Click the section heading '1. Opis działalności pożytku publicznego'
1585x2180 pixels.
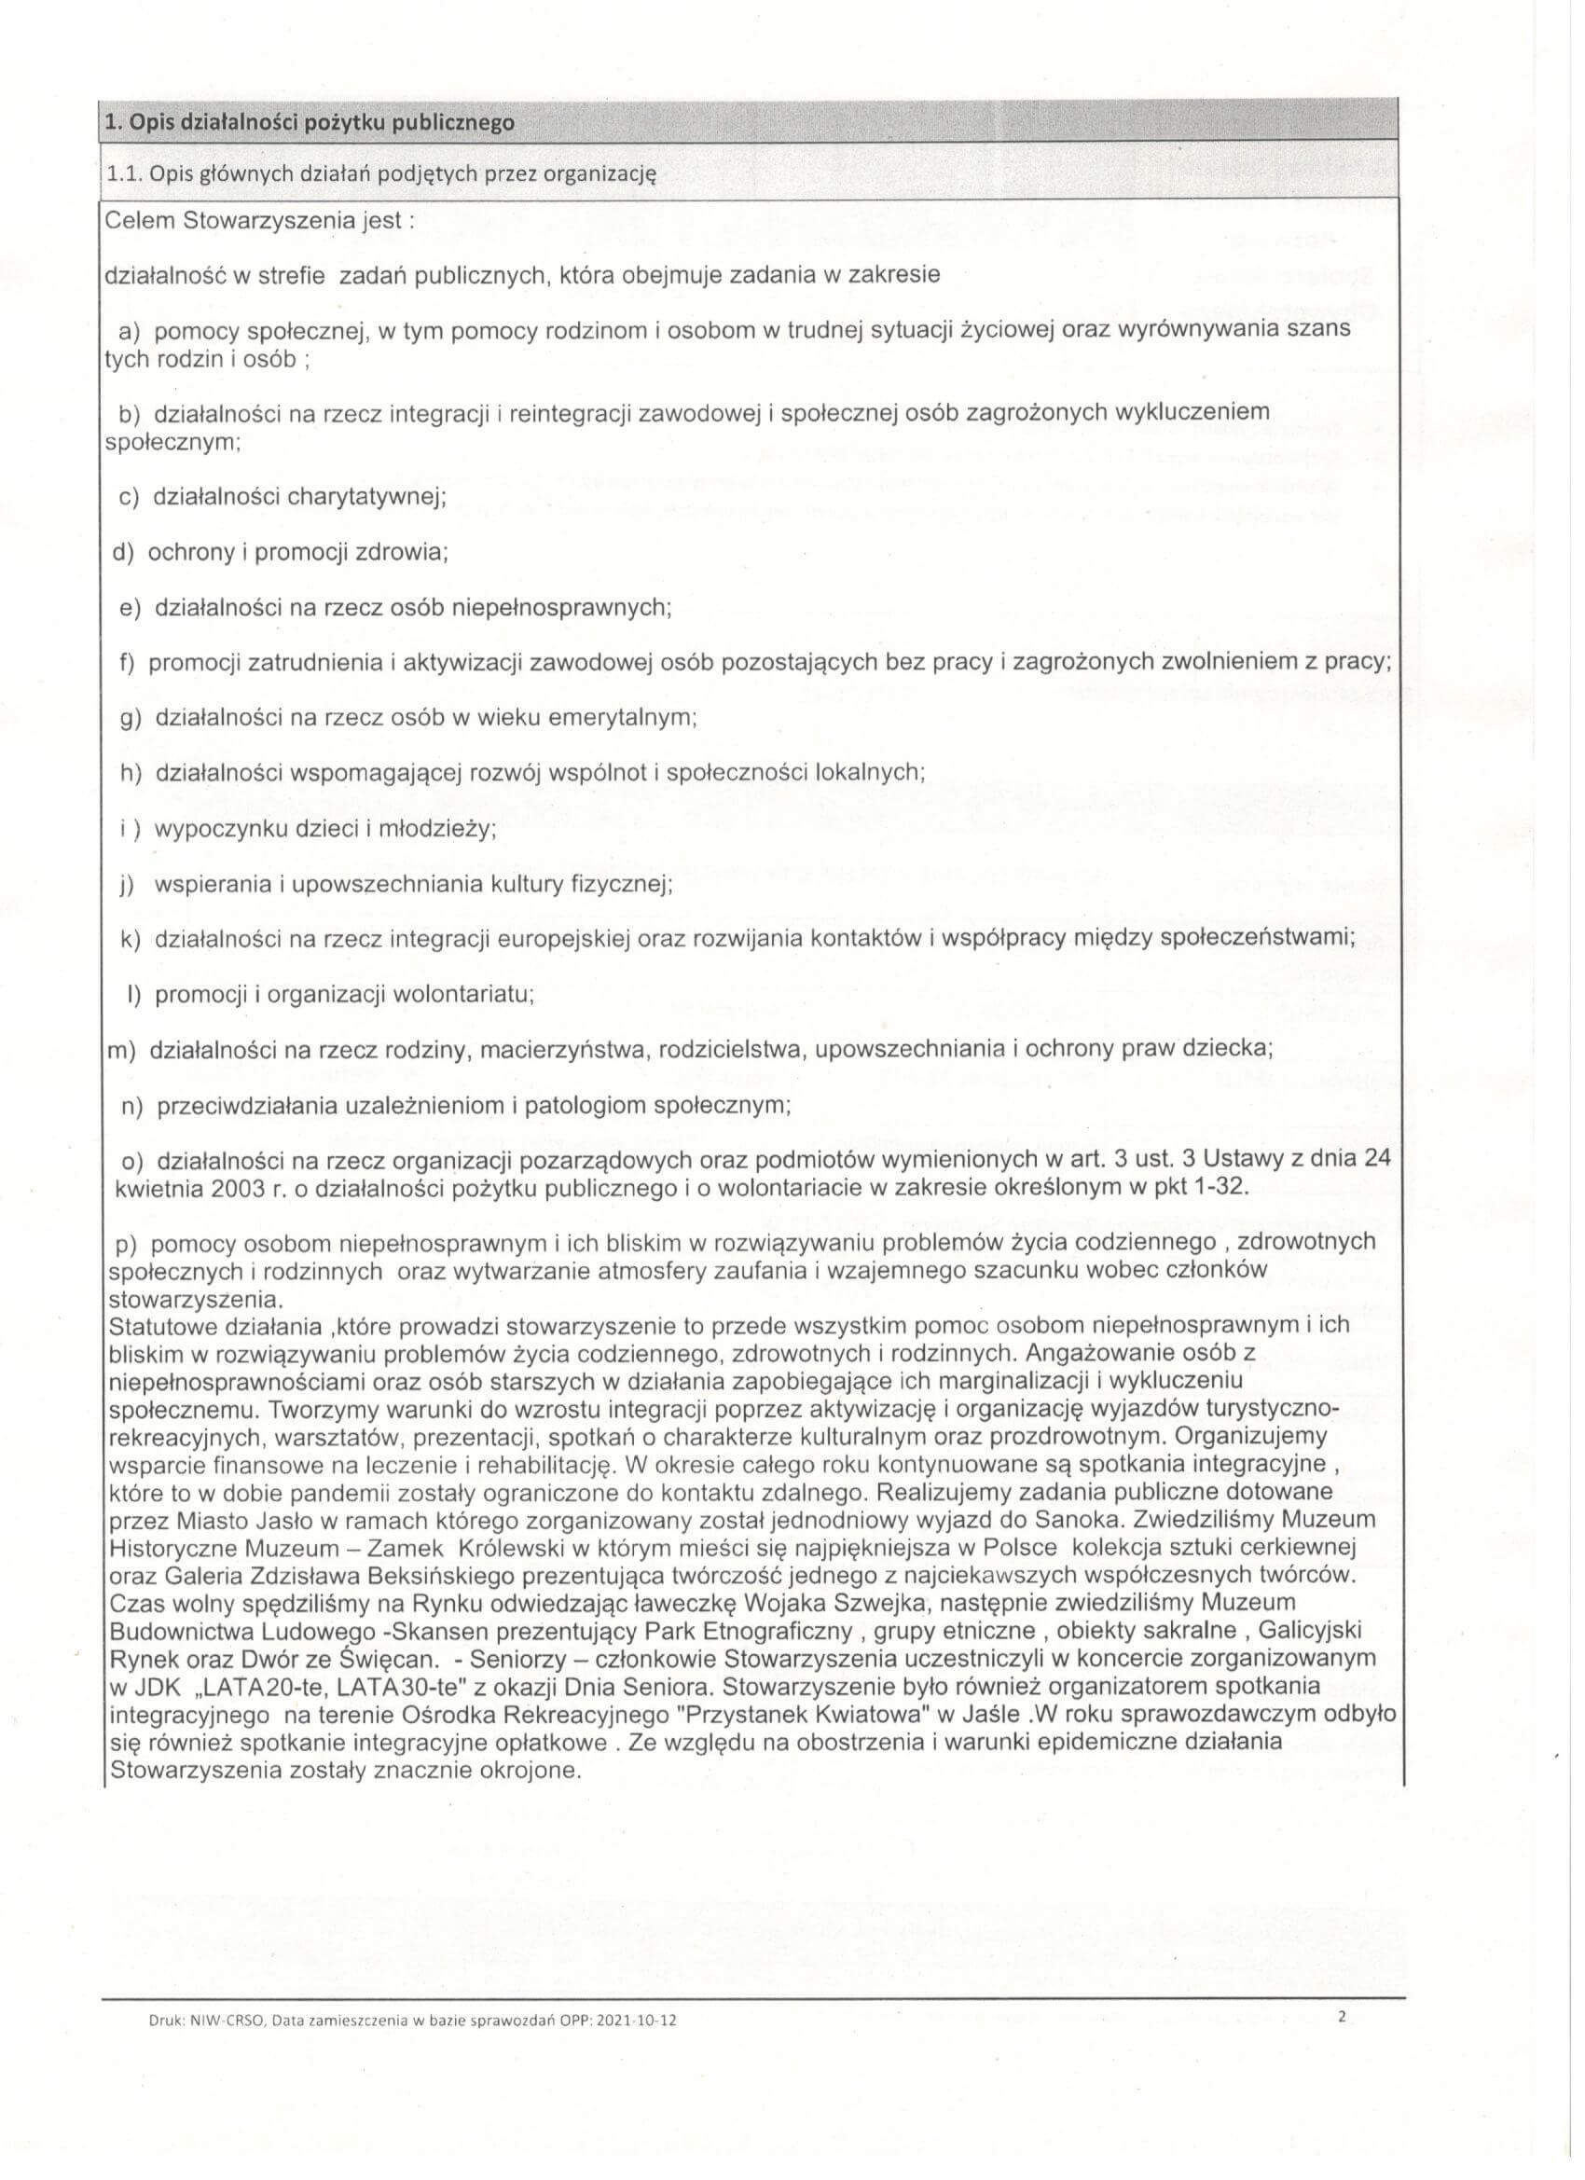[310, 123]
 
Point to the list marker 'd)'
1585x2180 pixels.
[123, 553]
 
